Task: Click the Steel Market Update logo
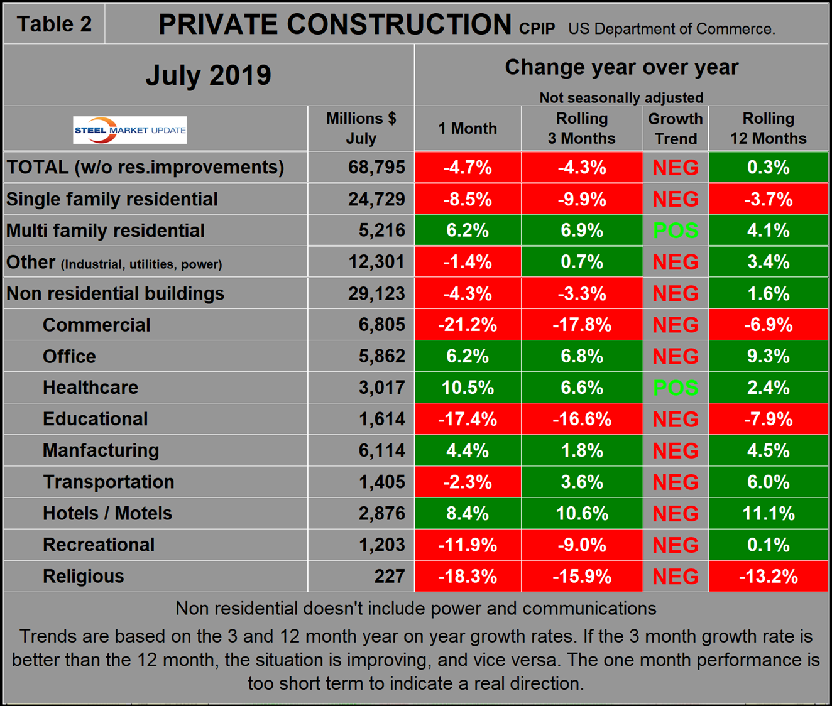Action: point(130,130)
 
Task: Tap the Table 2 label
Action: point(54,24)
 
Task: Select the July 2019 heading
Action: point(208,75)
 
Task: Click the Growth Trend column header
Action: point(676,129)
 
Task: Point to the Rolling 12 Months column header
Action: point(768,129)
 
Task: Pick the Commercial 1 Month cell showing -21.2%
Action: point(468,325)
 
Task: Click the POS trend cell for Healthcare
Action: point(676,388)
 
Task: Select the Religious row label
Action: point(84,576)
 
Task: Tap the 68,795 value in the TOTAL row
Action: point(376,168)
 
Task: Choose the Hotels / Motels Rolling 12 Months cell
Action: point(768,513)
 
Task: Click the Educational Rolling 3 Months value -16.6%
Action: point(582,419)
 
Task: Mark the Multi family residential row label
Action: point(106,231)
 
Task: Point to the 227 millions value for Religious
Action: point(390,576)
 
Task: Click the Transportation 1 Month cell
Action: point(468,482)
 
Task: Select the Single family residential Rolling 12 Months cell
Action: point(768,199)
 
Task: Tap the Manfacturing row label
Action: point(101,450)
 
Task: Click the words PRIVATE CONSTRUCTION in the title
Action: point(334,25)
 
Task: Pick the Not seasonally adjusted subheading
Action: point(621,97)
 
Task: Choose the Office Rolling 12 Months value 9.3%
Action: point(768,356)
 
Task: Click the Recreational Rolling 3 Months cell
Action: point(582,545)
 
